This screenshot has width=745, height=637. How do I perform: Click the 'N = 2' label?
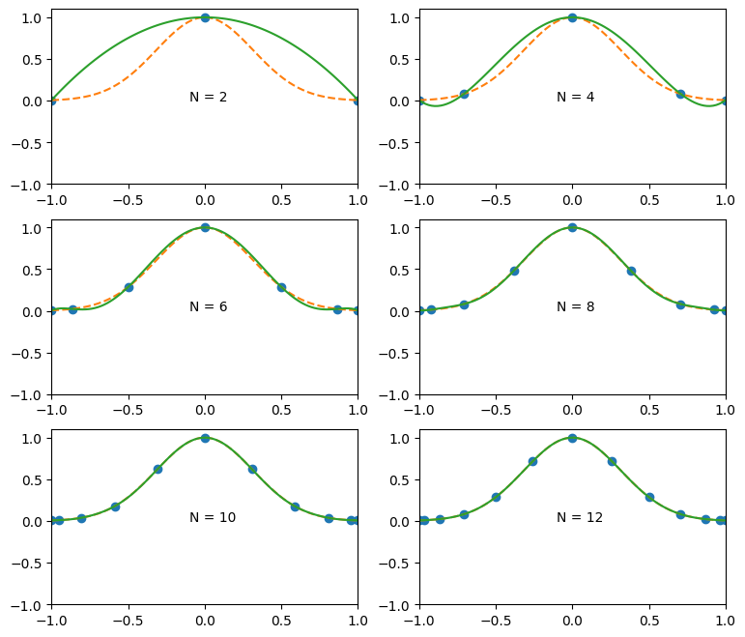click(x=208, y=97)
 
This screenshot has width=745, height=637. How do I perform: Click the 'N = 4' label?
click(x=575, y=97)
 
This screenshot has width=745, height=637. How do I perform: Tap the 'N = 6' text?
click(x=208, y=306)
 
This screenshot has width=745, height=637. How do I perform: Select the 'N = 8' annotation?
click(x=575, y=306)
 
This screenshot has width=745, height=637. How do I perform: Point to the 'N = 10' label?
click(x=212, y=517)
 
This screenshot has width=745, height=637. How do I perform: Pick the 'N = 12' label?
click(x=579, y=517)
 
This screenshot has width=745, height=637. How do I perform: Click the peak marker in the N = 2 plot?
click(x=205, y=17)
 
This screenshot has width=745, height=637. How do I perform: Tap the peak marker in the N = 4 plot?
click(x=572, y=17)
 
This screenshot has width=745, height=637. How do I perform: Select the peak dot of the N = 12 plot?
click(x=572, y=438)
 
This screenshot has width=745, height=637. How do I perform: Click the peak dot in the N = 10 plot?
click(x=205, y=438)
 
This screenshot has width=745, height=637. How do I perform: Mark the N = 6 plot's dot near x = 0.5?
click(x=281, y=287)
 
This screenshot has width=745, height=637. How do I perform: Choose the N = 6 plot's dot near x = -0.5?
click(x=129, y=287)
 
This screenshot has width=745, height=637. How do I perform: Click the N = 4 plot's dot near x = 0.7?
click(x=680, y=94)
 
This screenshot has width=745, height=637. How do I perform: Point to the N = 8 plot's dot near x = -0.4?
click(x=514, y=271)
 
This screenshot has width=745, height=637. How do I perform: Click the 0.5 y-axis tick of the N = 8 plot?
click(x=402, y=270)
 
